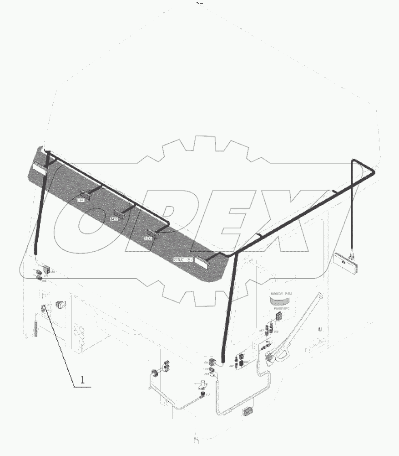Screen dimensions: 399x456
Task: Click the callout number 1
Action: pyautogui.click(x=82, y=379)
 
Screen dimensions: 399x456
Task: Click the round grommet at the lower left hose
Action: pyautogui.click(x=154, y=372)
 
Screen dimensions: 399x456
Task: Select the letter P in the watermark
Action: pyautogui.click(x=155, y=219)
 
